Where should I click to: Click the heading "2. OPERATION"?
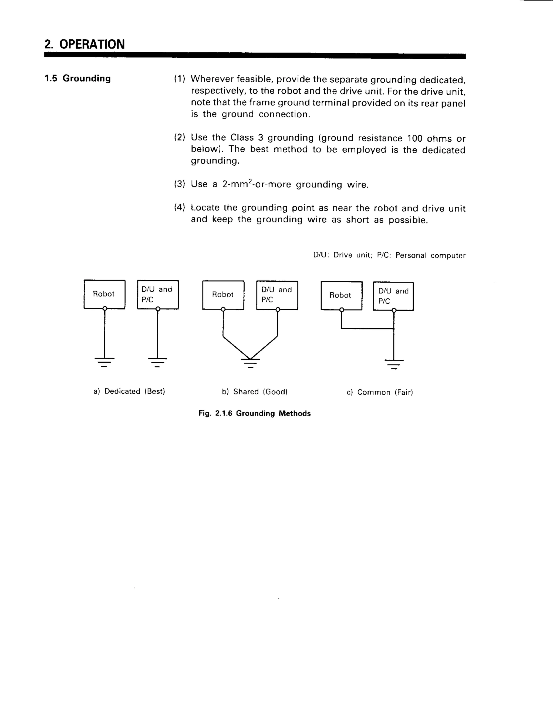pyautogui.click(x=85, y=44)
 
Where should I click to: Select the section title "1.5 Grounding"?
pyautogui.click(x=78, y=79)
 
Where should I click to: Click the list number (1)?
pyautogui.click(x=180, y=79)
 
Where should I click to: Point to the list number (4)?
pyautogui.click(x=180, y=207)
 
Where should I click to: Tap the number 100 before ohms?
pyautogui.click(x=415, y=138)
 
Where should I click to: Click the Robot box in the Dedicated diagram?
pyautogui.click(x=104, y=294)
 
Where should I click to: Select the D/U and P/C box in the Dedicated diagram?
pyautogui.click(x=158, y=294)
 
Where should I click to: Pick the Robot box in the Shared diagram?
pyautogui.click(x=223, y=295)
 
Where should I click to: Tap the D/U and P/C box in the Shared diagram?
pyautogui.click(x=277, y=295)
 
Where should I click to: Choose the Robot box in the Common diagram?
pyautogui.click(x=341, y=295)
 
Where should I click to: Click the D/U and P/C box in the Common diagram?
pyautogui.click(x=393, y=296)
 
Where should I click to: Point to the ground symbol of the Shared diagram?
pyautogui.click(x=250, y=363)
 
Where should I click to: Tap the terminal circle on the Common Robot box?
pyautogui.click(x=342, y=310)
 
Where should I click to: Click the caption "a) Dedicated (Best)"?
pyautogui.click(x=129, y=391)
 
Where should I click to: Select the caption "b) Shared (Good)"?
pyautogui.click(x=255, y=391)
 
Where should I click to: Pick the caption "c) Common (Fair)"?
pyautogui.click(x=380, y=392)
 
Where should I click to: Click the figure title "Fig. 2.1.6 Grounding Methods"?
pyautogui.click(x=255, y=413)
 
